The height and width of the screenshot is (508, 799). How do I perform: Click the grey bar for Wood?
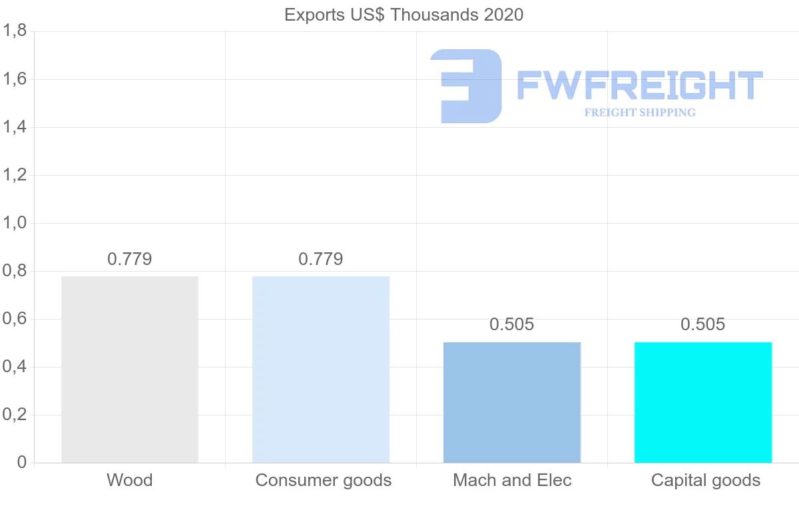130,370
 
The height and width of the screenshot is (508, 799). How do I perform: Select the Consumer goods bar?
321,370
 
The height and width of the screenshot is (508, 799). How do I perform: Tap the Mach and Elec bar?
512,402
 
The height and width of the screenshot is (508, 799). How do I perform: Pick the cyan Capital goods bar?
703,402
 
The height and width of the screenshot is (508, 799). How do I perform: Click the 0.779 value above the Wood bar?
130,259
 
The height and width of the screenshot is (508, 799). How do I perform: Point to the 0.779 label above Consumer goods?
321,259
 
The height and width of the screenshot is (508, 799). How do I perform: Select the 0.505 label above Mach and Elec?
512,325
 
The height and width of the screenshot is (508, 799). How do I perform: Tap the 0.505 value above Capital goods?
703,325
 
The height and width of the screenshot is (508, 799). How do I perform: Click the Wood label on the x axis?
130,480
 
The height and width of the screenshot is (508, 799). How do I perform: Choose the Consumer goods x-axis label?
324,480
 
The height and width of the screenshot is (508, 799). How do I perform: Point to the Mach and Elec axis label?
512,480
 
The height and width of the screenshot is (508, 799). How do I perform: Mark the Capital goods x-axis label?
706,480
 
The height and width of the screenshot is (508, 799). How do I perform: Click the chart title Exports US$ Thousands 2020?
404,15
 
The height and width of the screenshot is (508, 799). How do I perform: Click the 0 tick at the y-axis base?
21,463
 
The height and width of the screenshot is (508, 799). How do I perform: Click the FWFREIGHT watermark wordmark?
639,86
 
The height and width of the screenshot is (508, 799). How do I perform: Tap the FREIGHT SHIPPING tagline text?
640,113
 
